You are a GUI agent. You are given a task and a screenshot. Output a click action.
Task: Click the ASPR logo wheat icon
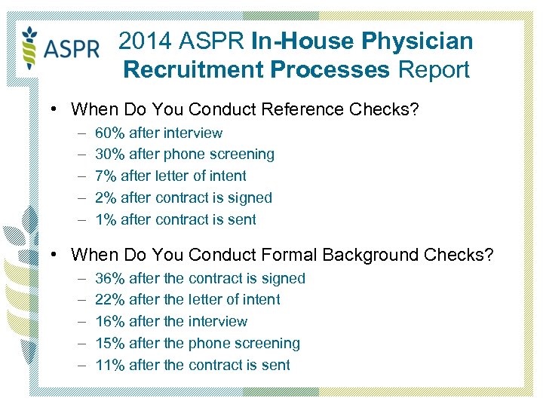[x=30, y=46]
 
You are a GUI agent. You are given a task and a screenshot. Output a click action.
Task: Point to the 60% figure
[x=110, y=133]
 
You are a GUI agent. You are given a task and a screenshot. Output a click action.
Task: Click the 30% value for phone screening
[x=110, y=155]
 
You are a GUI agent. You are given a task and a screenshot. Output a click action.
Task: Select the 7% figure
[x=106, y=176]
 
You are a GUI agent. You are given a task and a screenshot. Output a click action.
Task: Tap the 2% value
[x=106, y=198]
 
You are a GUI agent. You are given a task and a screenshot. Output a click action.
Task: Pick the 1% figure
[x=106, y=220]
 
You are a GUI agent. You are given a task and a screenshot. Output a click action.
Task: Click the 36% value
[x=110, y=278]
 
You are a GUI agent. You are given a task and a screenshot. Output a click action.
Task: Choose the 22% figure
[x=110, y=300]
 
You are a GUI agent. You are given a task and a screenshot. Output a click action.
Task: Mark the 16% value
[x=110, y=322]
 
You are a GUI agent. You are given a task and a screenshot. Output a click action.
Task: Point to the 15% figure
[x=110, y=344]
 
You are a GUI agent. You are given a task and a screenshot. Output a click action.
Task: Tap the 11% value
[x=110, y=366]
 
